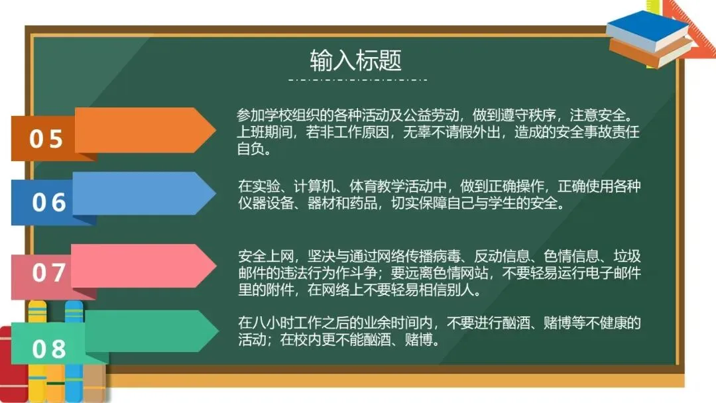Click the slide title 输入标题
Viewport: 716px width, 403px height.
356,60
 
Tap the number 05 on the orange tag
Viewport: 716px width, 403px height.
46,139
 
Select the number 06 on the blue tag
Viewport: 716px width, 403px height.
49,202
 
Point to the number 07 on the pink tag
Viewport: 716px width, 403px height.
49,272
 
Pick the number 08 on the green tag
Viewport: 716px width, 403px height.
49,349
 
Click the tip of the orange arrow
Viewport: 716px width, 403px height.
215,130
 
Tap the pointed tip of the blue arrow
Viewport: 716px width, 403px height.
215,194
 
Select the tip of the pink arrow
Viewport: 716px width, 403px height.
216,266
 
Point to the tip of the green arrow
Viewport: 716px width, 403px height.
218,331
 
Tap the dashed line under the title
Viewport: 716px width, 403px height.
357,80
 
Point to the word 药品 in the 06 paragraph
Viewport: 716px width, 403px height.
363,203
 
